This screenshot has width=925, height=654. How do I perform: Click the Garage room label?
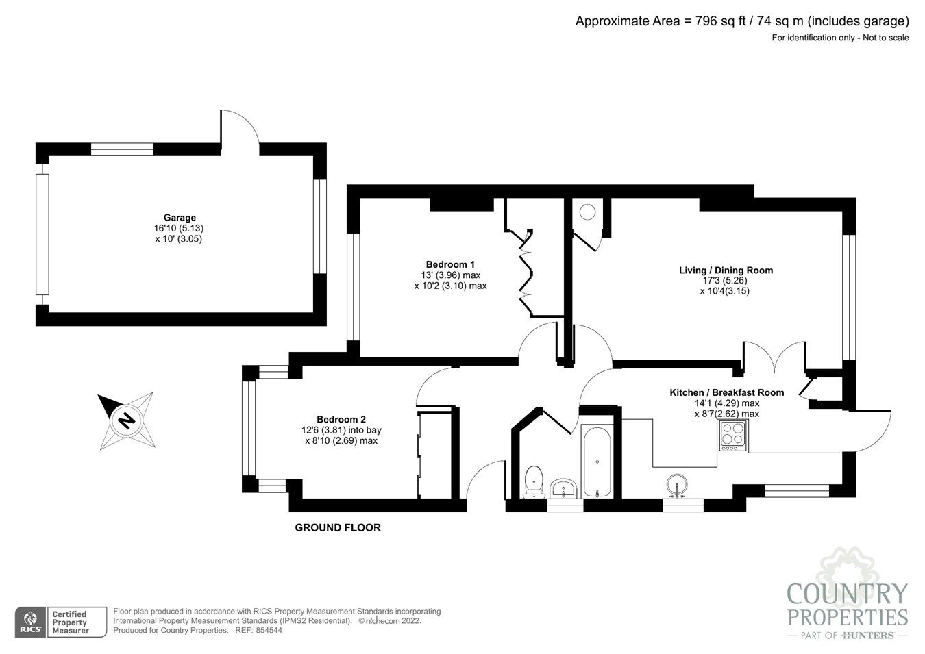click(180, 218)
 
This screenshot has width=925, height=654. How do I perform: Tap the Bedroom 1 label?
click(450, 264)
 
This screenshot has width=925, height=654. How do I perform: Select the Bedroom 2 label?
click(341, 420)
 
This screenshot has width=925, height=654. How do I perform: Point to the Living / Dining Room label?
click(726, 271)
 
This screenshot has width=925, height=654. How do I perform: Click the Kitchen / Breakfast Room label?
click(727, 392)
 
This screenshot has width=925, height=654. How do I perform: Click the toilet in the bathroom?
click(534, 481)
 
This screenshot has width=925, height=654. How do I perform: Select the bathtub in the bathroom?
click(597, 462)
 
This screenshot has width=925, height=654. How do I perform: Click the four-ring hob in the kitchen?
click(733, 436)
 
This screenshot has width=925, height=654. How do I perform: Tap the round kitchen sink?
click(677, 485)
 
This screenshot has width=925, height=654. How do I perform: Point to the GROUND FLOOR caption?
click(338, 528)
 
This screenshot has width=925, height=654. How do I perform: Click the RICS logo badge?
click(31, 622)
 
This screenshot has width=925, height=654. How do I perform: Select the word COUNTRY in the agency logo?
click(848, 594)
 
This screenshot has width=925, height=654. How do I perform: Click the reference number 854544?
click(269, 631)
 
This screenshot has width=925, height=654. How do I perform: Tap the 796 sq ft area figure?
click(721, 21)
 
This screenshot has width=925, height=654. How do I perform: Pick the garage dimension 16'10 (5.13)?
click(179, 228)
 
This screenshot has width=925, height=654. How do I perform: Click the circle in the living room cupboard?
click(587, 212)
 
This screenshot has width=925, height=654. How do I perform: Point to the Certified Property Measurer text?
click(70, 622)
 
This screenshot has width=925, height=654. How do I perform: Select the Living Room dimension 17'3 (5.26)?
click(725, 281)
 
